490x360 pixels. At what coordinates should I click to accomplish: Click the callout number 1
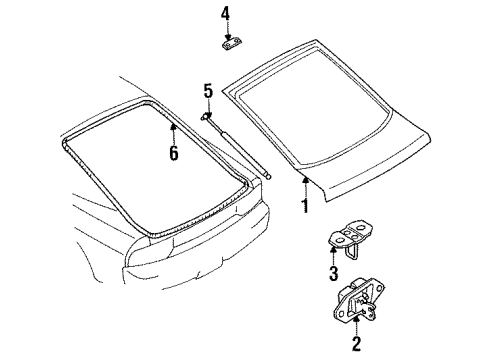305,206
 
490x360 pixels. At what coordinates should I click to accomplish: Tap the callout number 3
334,273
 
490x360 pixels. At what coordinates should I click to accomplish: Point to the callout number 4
226,14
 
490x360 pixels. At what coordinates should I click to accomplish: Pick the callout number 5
208,91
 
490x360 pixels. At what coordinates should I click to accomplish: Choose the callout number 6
174,153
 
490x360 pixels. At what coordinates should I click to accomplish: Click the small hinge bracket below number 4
232,44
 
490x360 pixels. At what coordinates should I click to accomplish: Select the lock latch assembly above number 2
359,300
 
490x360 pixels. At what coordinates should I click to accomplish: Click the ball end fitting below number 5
206,116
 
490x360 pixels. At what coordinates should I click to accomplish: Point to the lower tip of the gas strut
269,177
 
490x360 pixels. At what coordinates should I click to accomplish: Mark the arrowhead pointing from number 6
173,126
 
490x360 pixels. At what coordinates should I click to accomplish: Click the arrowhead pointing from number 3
333,249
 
